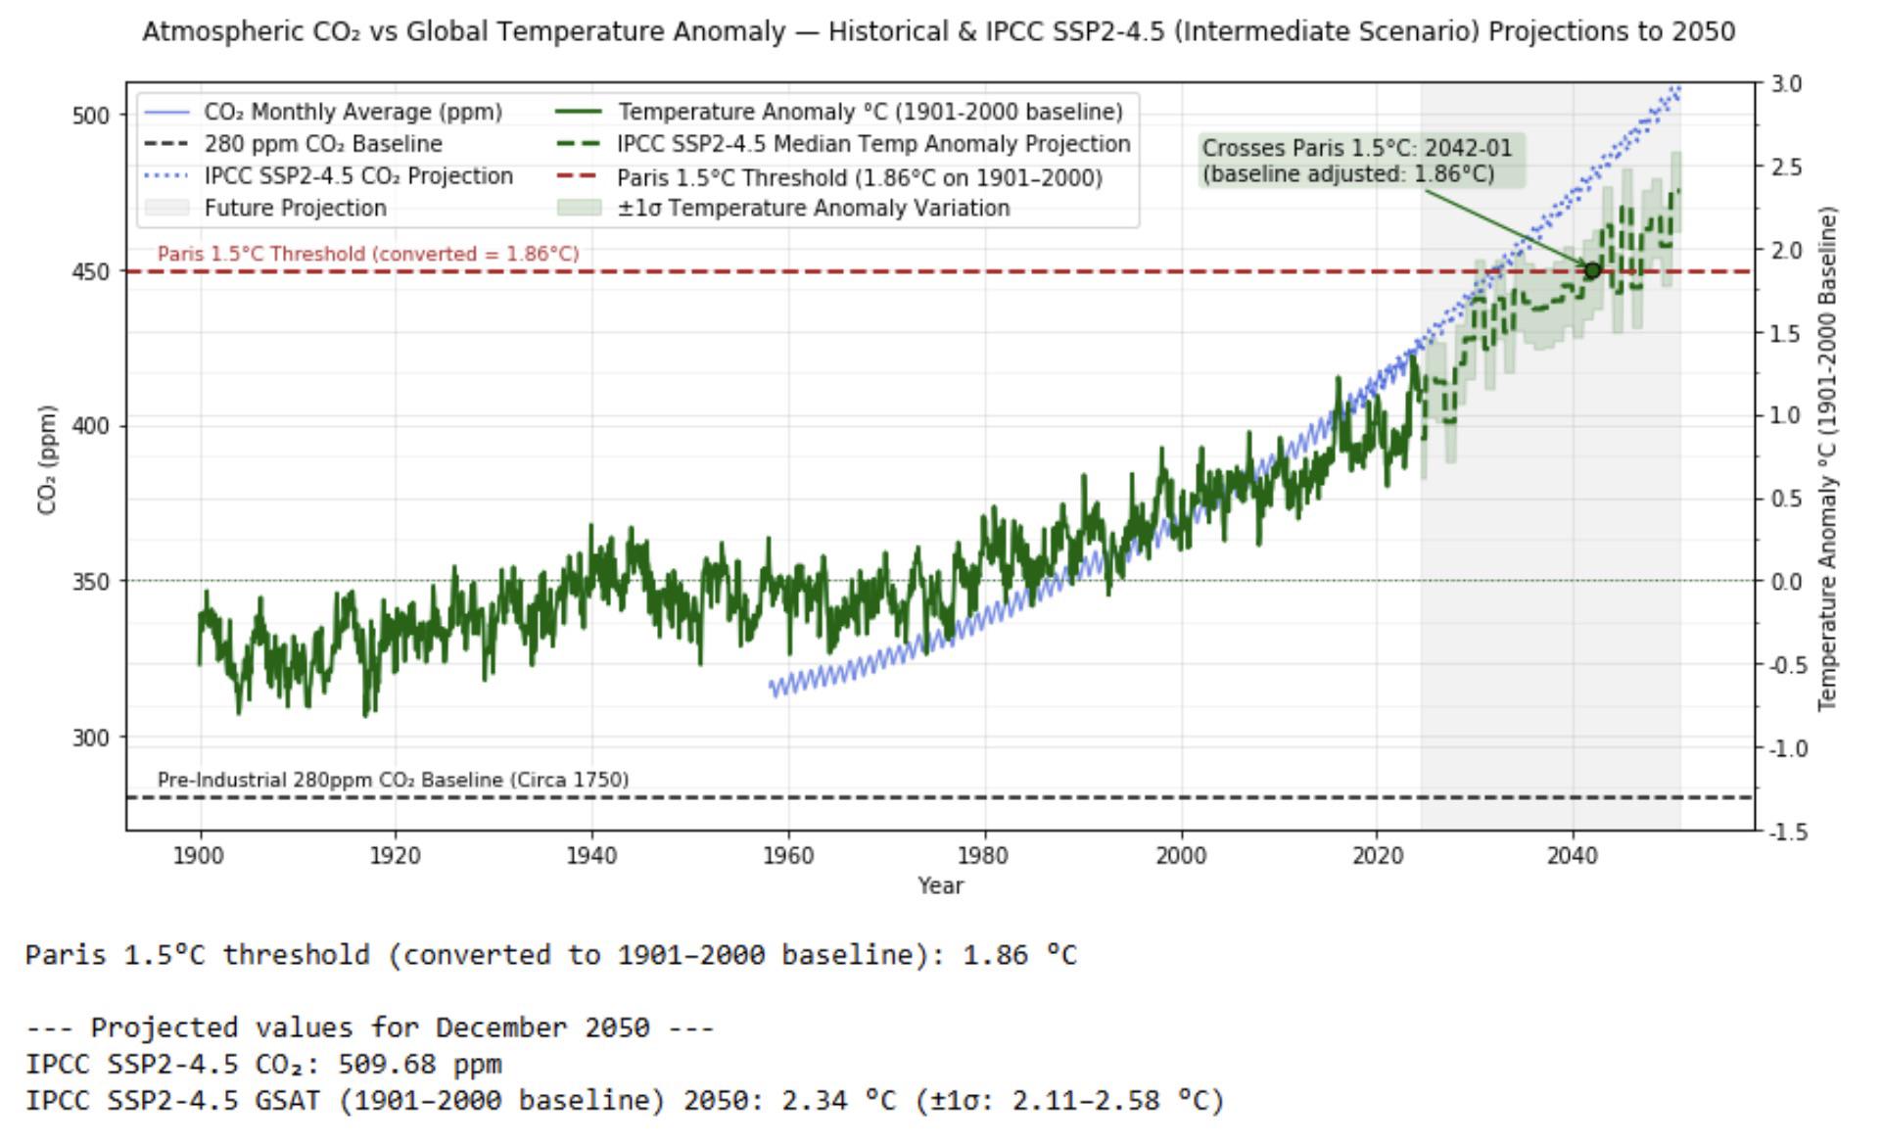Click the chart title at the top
pos(938,32)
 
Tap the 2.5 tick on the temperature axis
pos(1786,167)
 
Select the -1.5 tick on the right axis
pos(1784,832)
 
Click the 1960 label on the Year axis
pos(787,856)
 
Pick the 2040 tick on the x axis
pos(1572,856)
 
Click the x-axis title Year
pos(940,885)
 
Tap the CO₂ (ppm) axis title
pos(47,459)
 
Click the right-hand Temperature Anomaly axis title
pos(1828,458)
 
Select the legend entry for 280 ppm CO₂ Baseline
pos(323,144)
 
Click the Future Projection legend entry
pos(295,208)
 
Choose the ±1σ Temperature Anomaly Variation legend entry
pos(813,208)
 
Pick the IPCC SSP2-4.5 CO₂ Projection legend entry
pos(358,176)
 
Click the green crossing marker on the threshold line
pos(1592,270)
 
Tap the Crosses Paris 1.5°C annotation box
pos(1361,161)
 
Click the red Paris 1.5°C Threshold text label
pos(368,254)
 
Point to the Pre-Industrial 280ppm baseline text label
pos(393,780)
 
